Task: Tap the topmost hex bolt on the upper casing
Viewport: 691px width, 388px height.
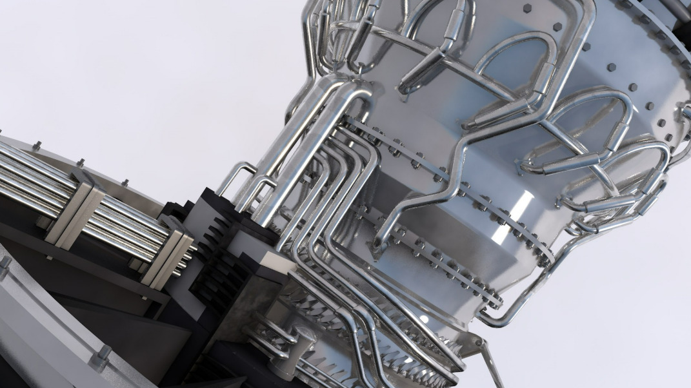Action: click(528, 8)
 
